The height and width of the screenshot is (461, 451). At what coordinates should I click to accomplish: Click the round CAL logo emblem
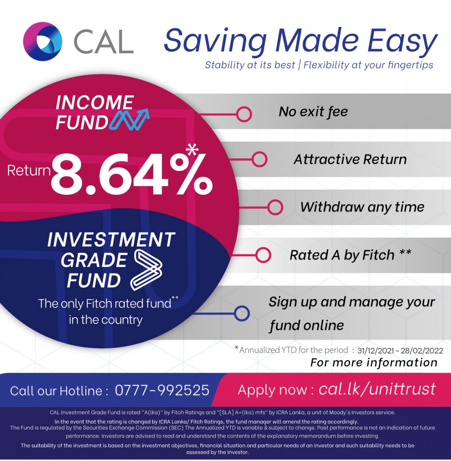pos(42,41)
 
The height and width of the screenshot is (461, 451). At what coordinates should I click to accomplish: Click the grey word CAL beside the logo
pos(103,41)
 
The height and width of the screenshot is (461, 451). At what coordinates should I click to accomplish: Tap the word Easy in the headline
pos(402,41)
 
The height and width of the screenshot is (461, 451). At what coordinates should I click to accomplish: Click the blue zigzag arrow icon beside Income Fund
pos(130,120)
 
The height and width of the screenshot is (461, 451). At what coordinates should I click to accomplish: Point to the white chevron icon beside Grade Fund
pos(147,270)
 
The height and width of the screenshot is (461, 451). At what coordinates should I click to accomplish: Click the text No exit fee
pos(313,112)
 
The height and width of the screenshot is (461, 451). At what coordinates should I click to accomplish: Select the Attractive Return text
pos(350,159)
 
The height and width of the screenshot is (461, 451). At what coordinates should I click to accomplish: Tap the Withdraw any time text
pos(362,207)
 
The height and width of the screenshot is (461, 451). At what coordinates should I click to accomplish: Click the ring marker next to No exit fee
pos(244,114)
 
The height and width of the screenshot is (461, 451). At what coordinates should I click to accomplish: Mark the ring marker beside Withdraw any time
pos(275,207)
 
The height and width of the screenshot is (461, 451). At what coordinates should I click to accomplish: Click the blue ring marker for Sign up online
pos(241,313)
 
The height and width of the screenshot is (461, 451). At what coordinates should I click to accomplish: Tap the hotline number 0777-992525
pos(162,390)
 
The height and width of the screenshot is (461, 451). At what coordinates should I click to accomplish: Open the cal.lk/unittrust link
pos(377,389)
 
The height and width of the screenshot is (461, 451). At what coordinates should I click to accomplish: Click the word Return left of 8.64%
pos(29,171)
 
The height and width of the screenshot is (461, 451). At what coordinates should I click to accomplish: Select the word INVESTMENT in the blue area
pos(111,240)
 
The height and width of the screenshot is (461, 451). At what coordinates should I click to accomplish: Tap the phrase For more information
pos(374,362)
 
